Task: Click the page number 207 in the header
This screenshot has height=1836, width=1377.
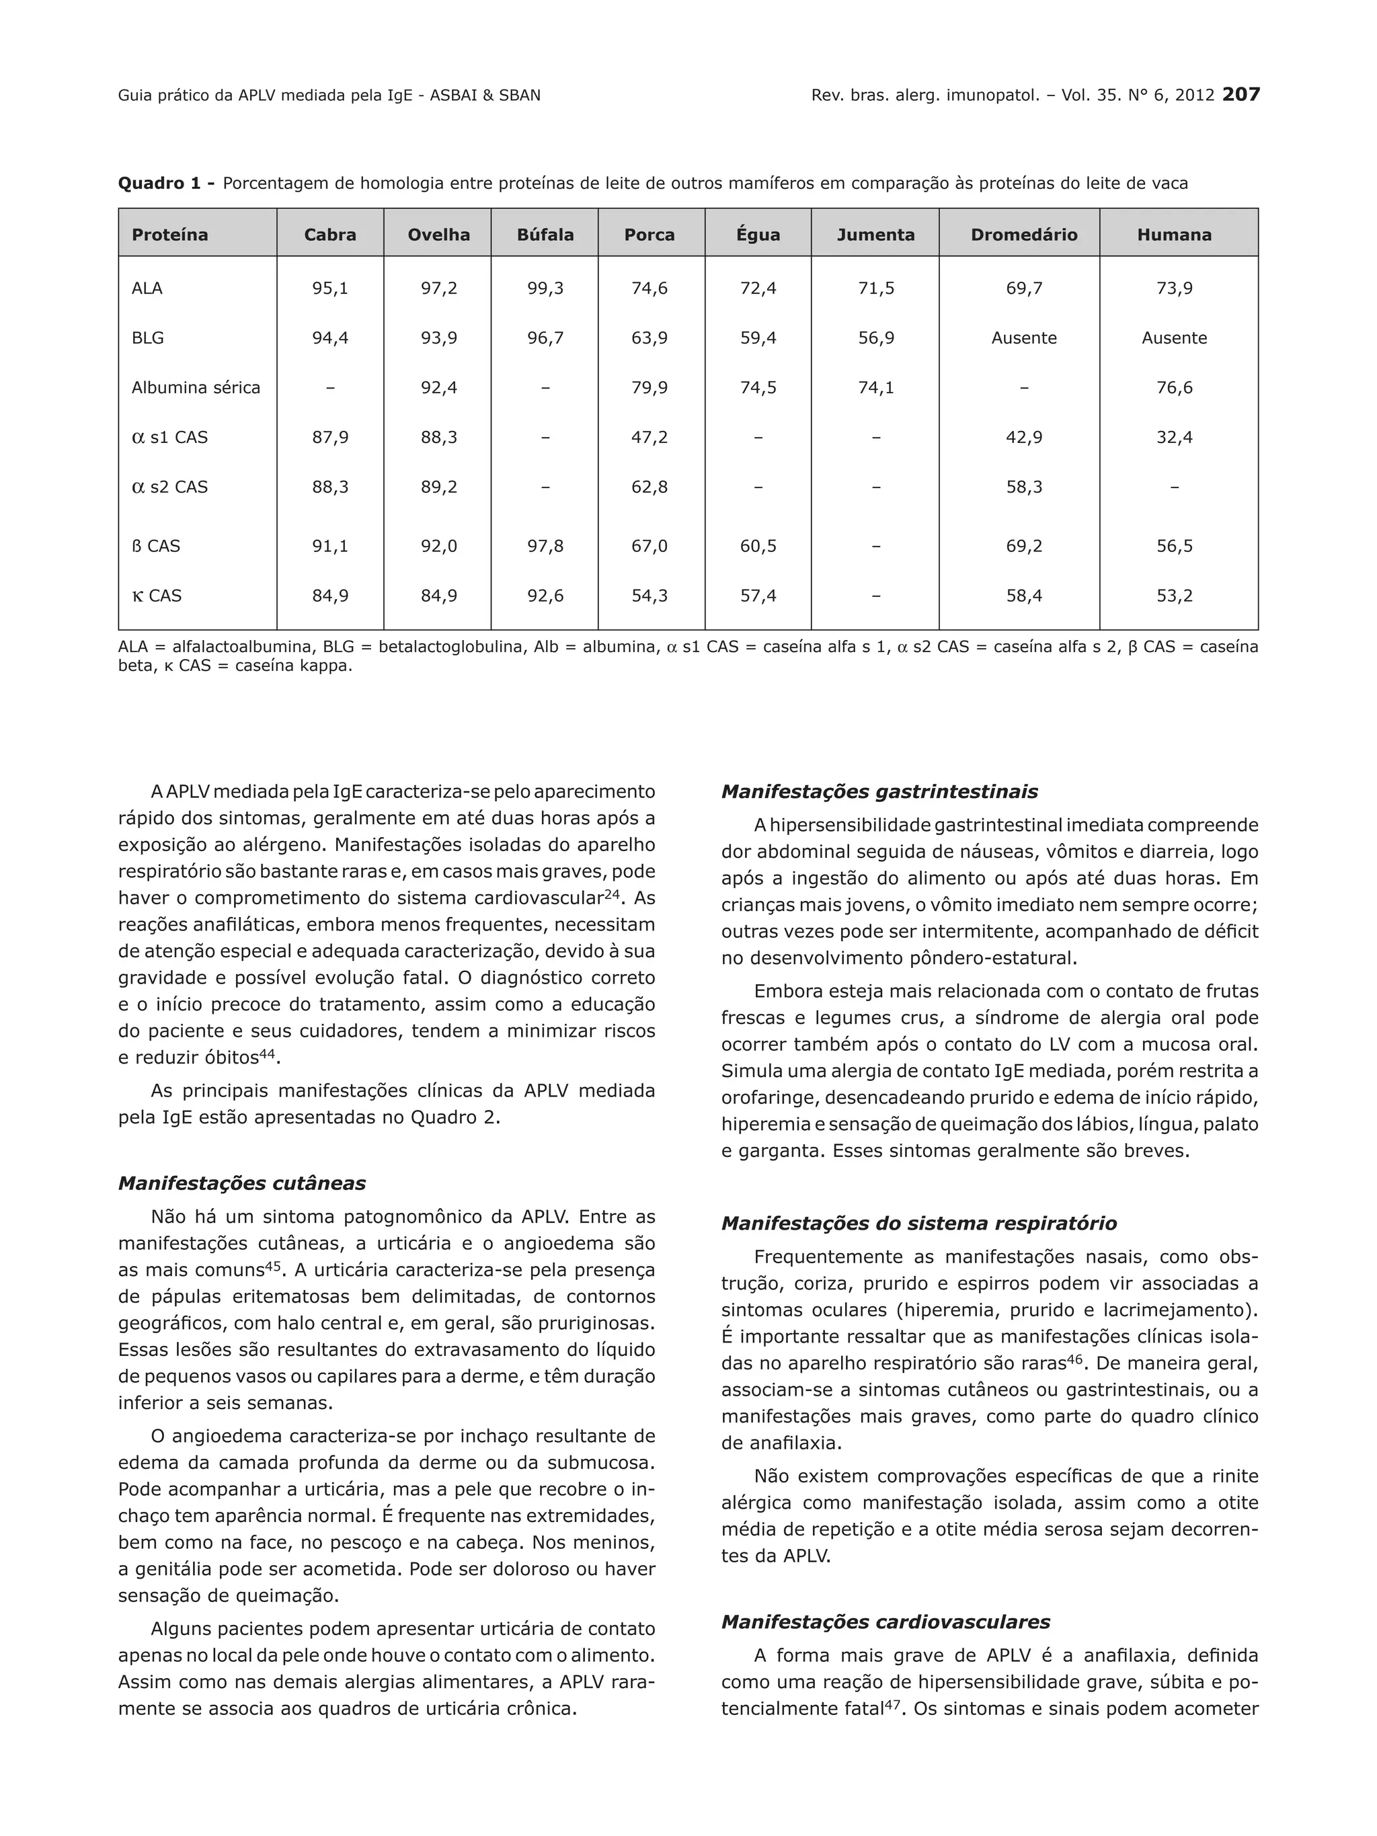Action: point(1241,95)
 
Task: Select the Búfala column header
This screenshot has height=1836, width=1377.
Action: point(545,235)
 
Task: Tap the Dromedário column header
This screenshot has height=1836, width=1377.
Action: point(1023,235)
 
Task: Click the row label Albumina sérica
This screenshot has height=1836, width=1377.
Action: point(196,388)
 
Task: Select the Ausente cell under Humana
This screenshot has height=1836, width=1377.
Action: point(1174,337)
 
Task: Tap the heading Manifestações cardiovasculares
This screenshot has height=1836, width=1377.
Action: point(886,1622)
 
